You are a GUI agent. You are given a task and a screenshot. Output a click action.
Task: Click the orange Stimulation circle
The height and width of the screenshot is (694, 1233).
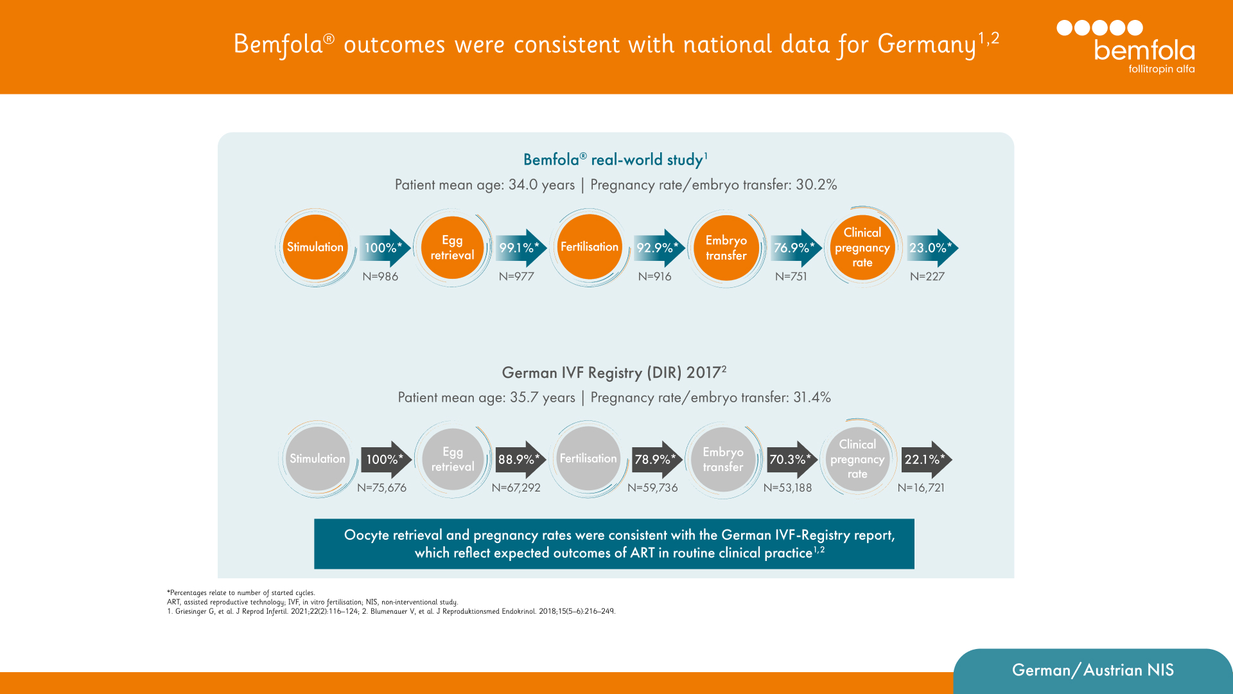click(x=315, y=247)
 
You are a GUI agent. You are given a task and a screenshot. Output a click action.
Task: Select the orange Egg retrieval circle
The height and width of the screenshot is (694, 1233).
click(x=452, y=247)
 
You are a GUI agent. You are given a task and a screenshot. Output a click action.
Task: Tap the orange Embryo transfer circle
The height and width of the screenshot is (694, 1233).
click(x=726, y=247)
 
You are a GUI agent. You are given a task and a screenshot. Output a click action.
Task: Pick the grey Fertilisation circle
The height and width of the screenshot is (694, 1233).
click(x=588, y=459)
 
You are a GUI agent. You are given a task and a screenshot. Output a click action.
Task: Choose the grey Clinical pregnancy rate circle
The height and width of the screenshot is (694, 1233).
click(x=857, y=459)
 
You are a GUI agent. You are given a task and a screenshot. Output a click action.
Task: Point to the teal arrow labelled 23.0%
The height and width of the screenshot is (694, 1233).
click(x=932, y=248)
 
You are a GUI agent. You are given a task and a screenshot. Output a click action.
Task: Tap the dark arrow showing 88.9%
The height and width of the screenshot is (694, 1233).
click(x=521, y=459)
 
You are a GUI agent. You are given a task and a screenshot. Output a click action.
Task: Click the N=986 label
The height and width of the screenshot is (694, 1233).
click(x=380, y=276)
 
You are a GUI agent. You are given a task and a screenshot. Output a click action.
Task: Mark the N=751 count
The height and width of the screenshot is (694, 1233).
click(x=791, y=276)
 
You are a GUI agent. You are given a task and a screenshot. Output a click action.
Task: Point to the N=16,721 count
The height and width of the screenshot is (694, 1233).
click(x=921, y=488)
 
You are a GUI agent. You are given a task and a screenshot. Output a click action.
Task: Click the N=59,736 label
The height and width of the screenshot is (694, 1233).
click(x=652, y=488)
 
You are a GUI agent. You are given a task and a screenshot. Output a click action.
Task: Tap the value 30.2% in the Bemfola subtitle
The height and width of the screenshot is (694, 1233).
click(x=816, y=185)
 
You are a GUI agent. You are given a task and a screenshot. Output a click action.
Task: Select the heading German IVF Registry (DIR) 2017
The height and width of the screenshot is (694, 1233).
click(x=613, y=373)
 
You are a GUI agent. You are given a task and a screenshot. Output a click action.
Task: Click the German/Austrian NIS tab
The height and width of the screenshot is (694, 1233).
click(x=1092, y=670)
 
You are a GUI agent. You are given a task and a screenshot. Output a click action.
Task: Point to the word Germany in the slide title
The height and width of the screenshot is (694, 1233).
click(x=926, y=44)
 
